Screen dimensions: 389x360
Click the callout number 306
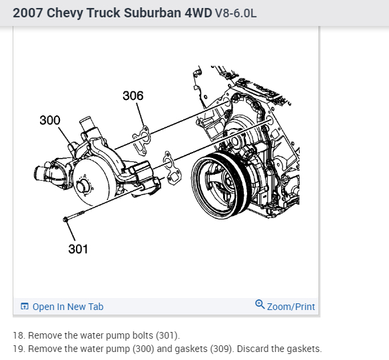[133, 95]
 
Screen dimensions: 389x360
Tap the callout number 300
[50, 120]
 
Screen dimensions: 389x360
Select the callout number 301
[78, 249]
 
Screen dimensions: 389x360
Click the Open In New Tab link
[68, 307]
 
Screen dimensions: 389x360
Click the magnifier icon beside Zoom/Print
[260, 304]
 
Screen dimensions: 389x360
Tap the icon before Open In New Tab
[25, 307]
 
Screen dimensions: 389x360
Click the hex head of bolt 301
[66, 219]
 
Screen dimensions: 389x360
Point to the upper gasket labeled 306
[142, 141]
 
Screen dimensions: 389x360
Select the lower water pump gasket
[172, 168]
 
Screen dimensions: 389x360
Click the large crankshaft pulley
[220, 186]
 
